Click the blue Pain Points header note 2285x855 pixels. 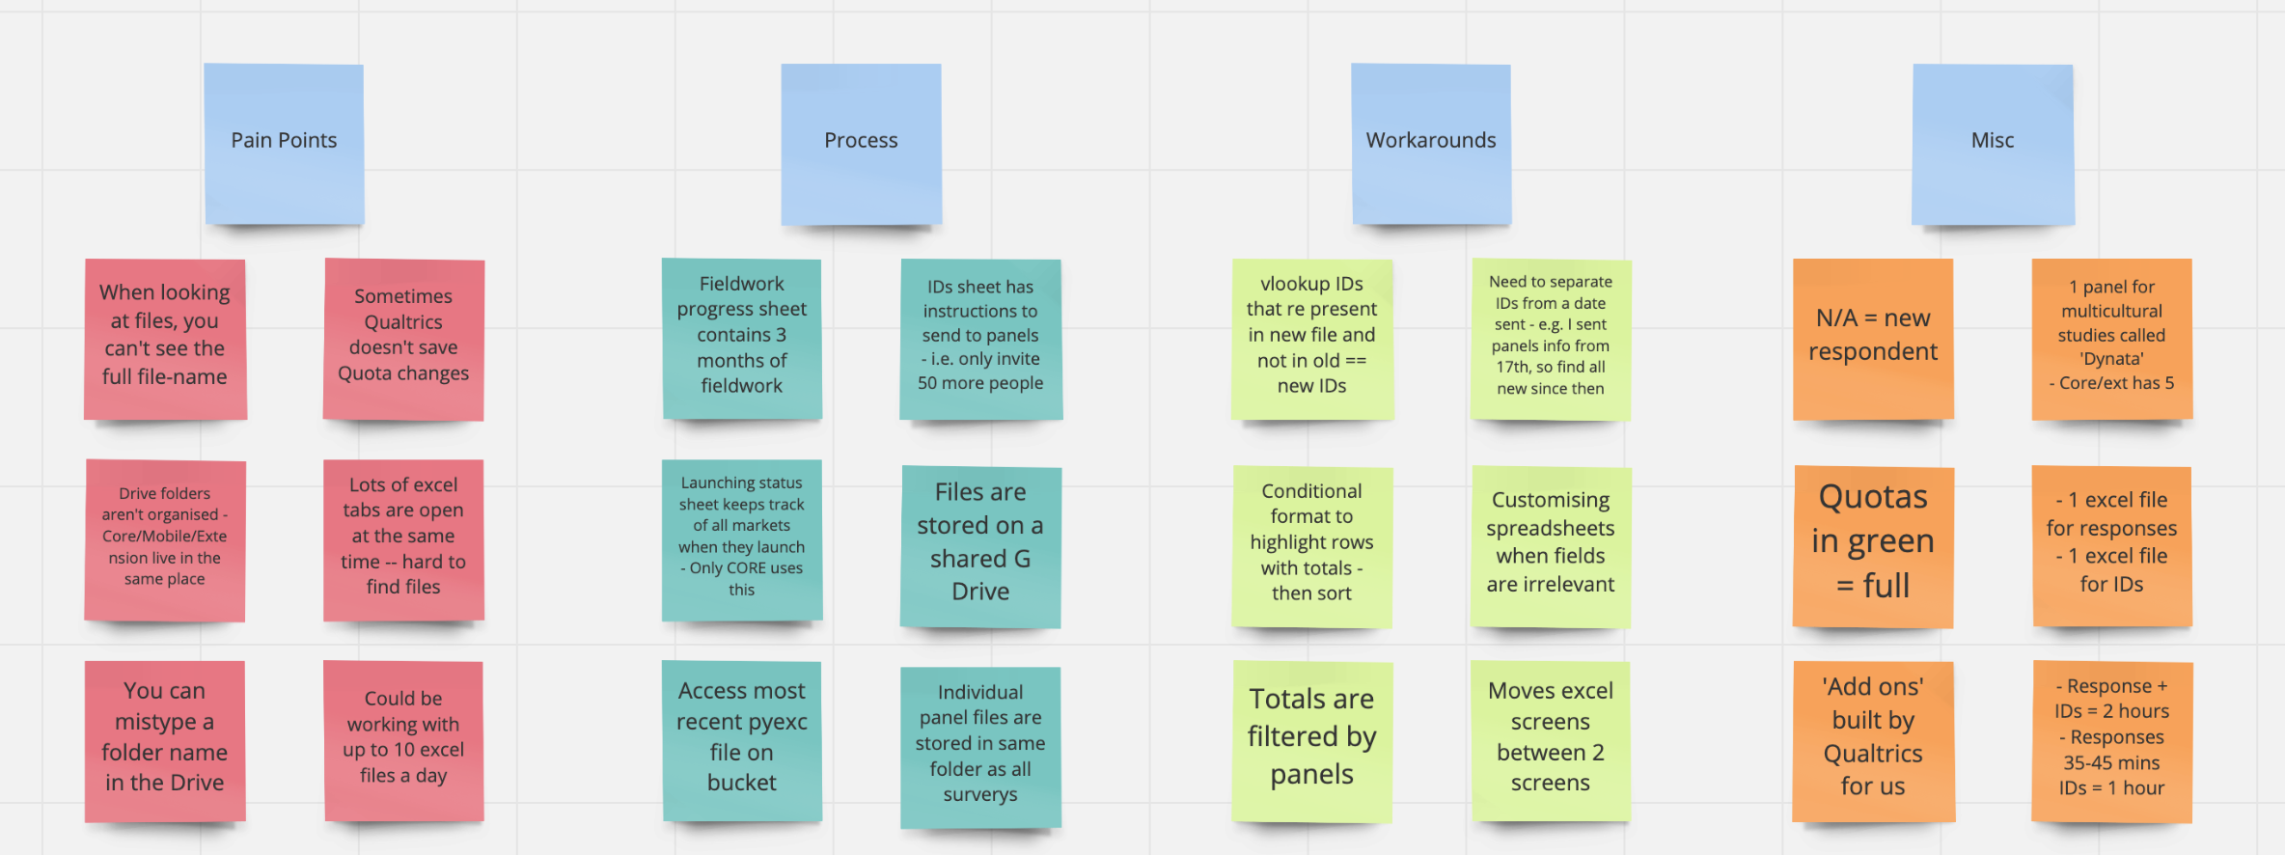tap(284, 144)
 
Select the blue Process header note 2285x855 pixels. tap(861, 144)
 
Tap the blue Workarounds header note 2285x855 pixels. tap(1431, 144)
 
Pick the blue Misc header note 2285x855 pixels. tap(1993, 144)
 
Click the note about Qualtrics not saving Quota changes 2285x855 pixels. tap(403, 339)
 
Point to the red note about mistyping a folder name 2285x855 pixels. tap(165, 740)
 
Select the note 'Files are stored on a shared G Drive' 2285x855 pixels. tap(980, 546)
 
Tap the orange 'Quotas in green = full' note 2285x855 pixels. tap(1873, 546)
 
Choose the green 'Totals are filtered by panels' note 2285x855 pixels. tap(1311, 740)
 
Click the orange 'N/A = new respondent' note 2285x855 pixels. tap(1873, 339)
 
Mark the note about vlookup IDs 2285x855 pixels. tap(1311, 339)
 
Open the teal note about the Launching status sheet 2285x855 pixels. tap(741, 539)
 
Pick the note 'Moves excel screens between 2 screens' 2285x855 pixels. tap(1550, 740)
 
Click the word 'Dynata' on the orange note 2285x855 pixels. tap(2111, 359)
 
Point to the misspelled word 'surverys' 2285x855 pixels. tap(980, 794)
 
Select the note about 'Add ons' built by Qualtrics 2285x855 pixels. tap(1873, 740)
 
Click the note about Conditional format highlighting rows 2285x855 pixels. tap(1311, 546)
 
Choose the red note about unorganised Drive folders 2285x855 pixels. tap(165, 539)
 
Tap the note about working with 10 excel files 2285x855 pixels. tap(403, 740)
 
